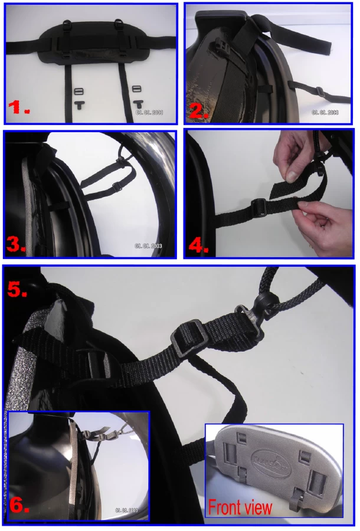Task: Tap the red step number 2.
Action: point(199,111)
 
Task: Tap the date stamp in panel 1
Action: point(149,110)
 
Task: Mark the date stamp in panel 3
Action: point(148,245)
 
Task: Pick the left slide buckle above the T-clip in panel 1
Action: point(79,90)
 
